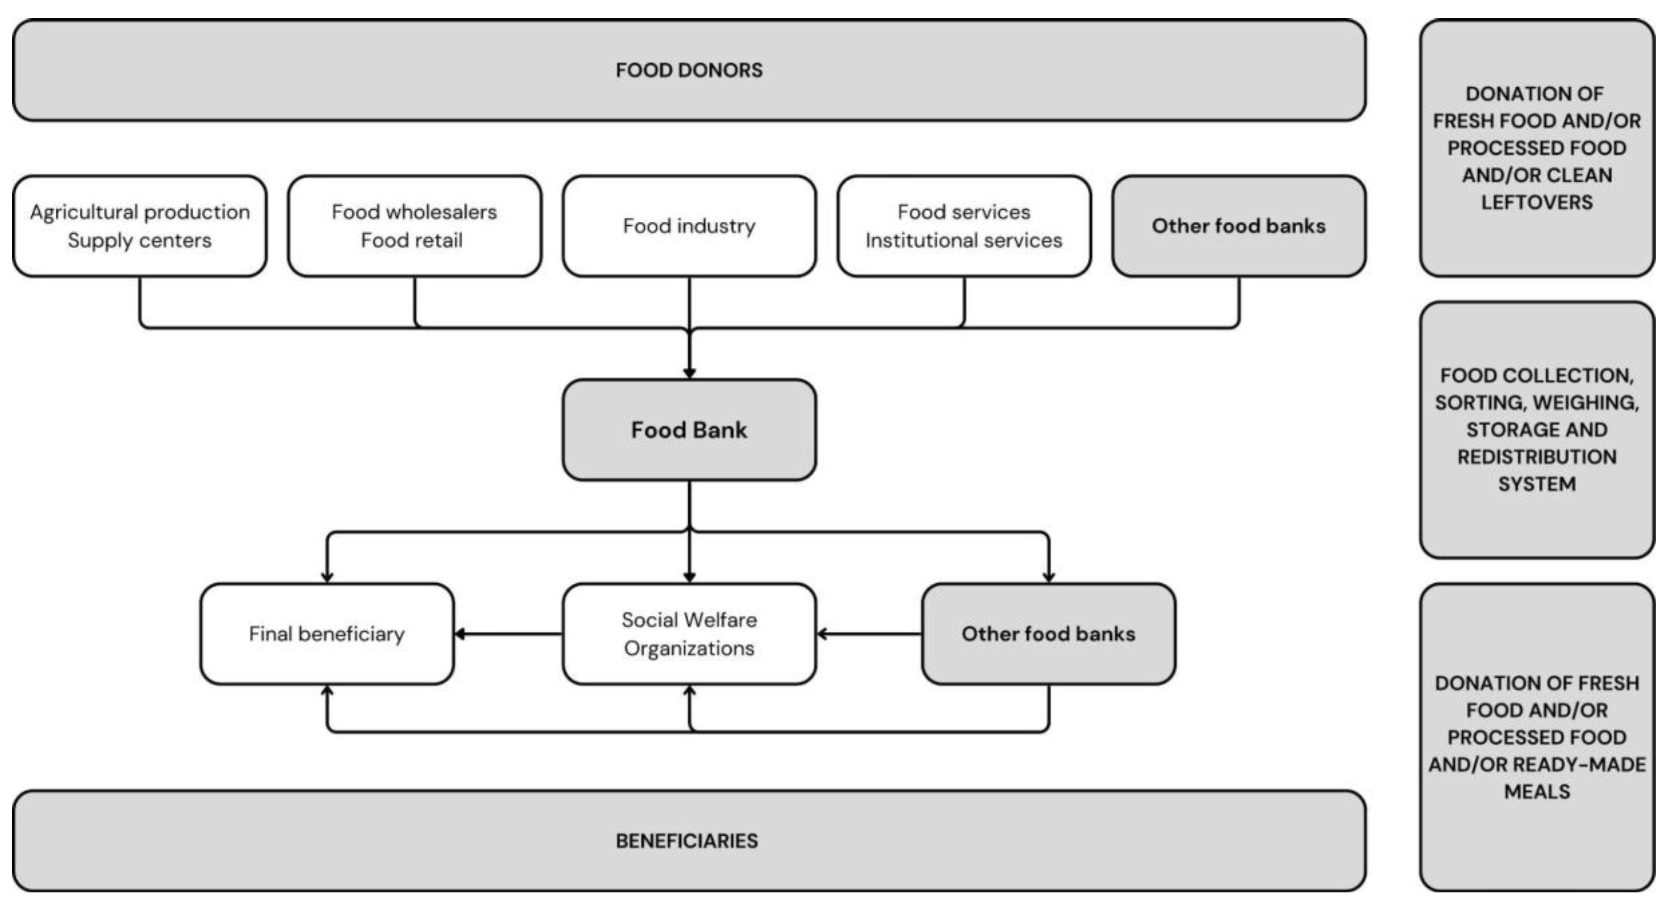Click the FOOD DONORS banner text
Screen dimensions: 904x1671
tap(689, 70)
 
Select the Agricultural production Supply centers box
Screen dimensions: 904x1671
tap(140, 226)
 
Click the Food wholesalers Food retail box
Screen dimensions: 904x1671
tap(414, 226)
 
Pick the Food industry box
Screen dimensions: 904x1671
tap(689, 226)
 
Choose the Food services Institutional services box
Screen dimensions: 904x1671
tap(963, 226)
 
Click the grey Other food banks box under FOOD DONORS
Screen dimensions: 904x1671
tap(1238, 226)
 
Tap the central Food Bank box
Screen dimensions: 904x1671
tap(689, 430)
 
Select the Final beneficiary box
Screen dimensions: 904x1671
tap(326, 634)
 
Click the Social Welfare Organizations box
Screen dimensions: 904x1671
tap(689, 634)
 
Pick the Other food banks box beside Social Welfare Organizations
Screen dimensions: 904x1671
tap(1048, 634)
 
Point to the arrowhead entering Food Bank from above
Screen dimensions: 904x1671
tap(689, 373)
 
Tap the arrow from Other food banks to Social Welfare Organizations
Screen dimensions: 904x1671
tap(869, 634)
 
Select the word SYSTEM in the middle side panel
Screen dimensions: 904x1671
tap(1536, 484)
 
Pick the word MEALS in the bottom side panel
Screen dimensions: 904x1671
tap(1537, 791)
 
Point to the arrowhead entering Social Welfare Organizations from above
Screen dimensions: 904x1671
tap(689, 576)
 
